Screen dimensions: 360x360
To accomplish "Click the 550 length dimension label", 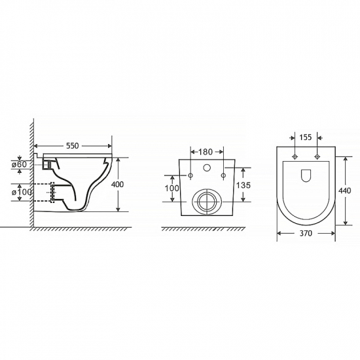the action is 72,146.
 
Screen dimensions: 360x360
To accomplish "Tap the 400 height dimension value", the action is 117,185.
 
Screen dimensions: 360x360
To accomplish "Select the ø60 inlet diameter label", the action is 19,164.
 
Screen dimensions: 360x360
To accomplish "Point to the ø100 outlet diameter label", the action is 22,192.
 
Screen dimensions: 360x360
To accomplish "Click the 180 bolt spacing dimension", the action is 206,152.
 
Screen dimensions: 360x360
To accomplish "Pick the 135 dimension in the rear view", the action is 243,185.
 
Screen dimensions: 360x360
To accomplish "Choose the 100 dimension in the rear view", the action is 171,189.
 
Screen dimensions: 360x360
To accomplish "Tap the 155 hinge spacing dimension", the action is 306,137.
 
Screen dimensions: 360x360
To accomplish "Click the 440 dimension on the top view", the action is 344,190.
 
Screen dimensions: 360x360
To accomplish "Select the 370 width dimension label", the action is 306,233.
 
